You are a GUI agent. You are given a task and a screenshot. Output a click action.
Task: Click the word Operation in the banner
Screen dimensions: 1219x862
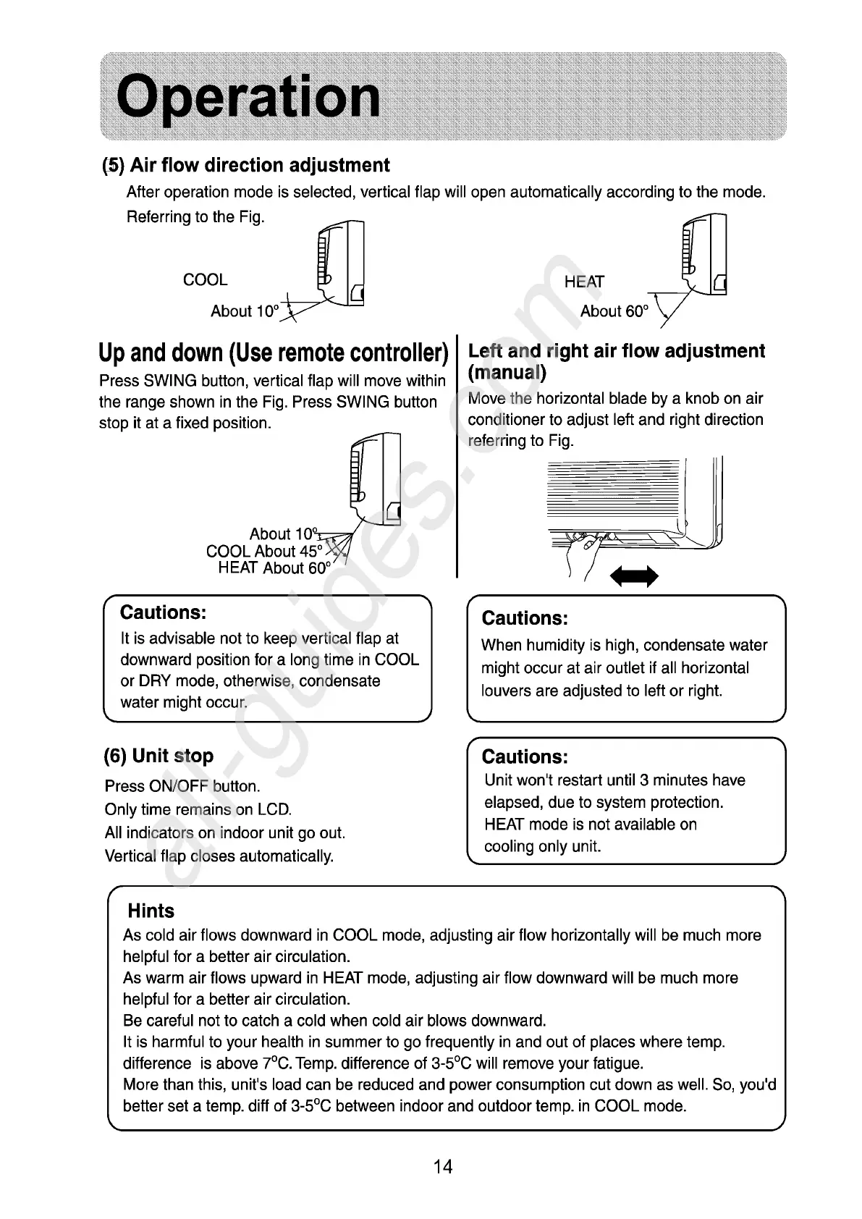[248, 98]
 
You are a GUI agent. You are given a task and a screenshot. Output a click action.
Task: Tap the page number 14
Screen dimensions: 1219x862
[442, 1166]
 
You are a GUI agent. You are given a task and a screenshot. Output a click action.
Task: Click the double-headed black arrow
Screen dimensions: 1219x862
[635, 577]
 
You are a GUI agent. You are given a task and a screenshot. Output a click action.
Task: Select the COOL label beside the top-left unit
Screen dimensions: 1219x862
[205, 279]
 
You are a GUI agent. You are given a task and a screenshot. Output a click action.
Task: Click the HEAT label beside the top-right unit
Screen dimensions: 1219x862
[584, 282]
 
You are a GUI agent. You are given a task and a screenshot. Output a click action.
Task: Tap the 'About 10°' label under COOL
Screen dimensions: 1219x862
[245, 311]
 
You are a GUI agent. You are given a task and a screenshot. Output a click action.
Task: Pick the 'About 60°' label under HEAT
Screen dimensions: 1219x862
[614, 311]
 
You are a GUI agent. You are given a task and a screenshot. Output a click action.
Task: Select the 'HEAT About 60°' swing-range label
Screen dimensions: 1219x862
[274, 568]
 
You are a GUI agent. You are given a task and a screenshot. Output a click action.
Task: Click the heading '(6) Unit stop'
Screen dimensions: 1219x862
[159, 756]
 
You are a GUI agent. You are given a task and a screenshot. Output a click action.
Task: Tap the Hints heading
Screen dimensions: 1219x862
[151, 911]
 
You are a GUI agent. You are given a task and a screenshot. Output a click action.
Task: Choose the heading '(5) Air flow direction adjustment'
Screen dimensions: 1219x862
[245, 166]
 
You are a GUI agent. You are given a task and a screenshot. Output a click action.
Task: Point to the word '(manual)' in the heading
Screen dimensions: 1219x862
[507, 374]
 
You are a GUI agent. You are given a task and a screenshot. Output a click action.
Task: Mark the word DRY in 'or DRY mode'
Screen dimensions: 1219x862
[154, 681]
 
